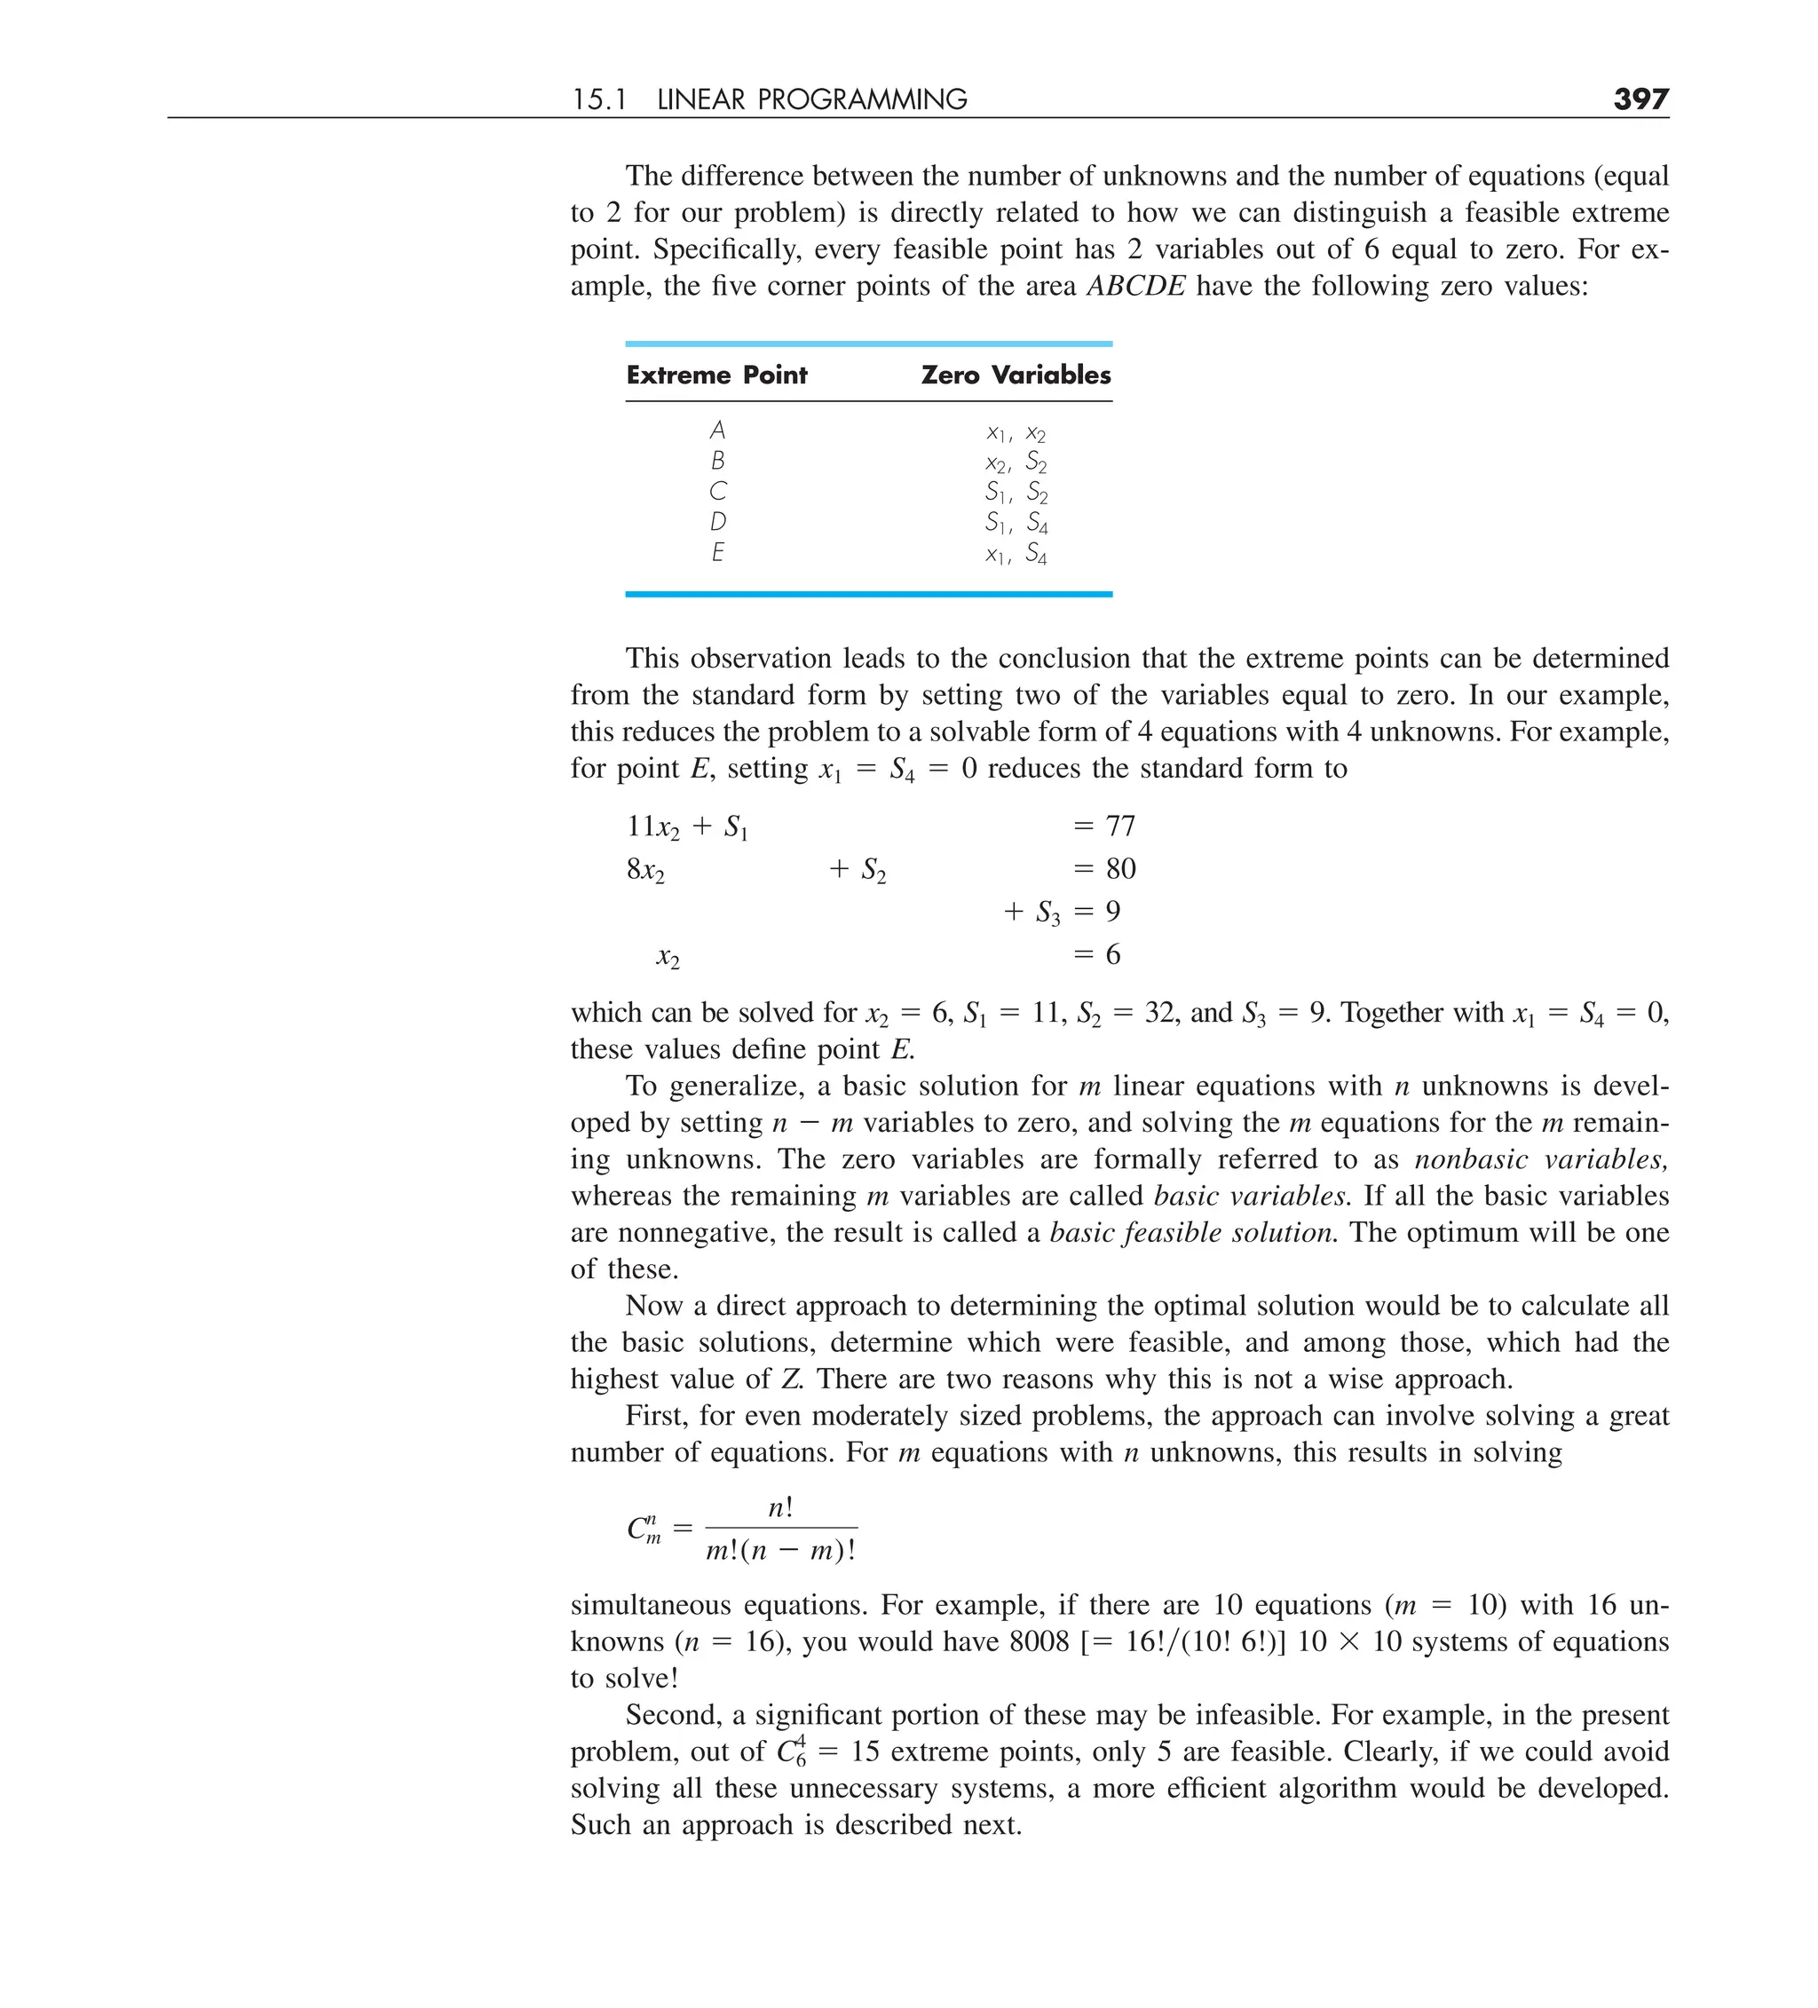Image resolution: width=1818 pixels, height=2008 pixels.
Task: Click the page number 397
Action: click(1640, 99)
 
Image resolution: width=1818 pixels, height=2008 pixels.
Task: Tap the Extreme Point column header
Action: click(716, 375)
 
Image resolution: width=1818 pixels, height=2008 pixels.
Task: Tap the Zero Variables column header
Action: click(1016, 375)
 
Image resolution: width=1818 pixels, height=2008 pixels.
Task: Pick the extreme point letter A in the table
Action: click(717, 431)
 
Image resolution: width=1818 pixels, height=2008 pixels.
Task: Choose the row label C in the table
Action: click(717, 491)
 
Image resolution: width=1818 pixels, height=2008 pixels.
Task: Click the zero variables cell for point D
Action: click(1016, 522)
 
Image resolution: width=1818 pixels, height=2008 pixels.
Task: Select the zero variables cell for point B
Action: click(1016, 461)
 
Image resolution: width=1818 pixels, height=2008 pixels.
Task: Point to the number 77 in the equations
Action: click(1119, 826)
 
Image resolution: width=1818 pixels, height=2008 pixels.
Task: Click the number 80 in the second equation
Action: click(1119, 868)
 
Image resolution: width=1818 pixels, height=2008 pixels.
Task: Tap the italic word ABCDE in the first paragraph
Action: click(1135, 287)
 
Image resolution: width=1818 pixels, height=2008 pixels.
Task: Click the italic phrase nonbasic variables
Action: click(1540, 1159)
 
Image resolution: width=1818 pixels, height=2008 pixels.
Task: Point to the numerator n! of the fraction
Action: click(781, 1508)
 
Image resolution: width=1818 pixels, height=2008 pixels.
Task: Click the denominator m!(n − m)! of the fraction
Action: click(781, 1551)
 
